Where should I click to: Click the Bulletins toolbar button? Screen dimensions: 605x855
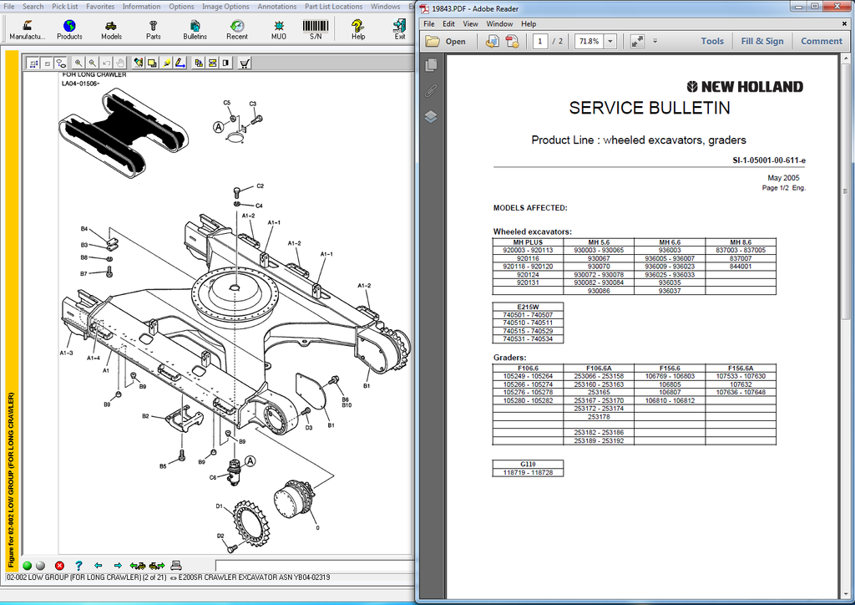pyautogui.click(x=195, y=30)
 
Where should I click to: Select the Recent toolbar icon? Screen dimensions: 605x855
pyautogui.click(x=236, y=30)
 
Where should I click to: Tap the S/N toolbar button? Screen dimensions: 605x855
pyautogui.click(x=316, y=30)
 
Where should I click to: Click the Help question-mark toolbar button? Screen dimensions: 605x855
pyautogui.click(x=357, y=30)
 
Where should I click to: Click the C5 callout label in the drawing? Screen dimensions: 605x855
pyautogui.click(x=226, y=103)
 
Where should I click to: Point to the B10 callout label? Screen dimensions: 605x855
pyautogui.click(x=346, y=405)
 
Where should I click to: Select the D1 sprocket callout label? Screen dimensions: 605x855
pyautogui.click(x=220, y=506)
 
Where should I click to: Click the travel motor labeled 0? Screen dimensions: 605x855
pyautogui.click(x=299, y=501)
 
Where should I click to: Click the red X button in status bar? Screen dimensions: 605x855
pyautogui.click(x=59, y=566)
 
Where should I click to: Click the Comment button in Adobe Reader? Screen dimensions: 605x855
pyautogui.click(x=821, y=41)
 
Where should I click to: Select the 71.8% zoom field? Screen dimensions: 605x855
pyautogui.click(x=588, y=41)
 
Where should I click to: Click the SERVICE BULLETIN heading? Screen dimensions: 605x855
pyautogui.click(x=649, y=108)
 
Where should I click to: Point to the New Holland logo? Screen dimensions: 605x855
pyautogui.click(x=745, y=86)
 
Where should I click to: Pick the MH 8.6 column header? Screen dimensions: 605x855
pyautogui.click(x=740, y=242)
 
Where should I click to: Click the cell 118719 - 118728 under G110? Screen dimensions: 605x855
pyautogui.click(x=528, y=473)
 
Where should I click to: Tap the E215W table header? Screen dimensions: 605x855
pyautogui.click(x=528, y=306)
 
